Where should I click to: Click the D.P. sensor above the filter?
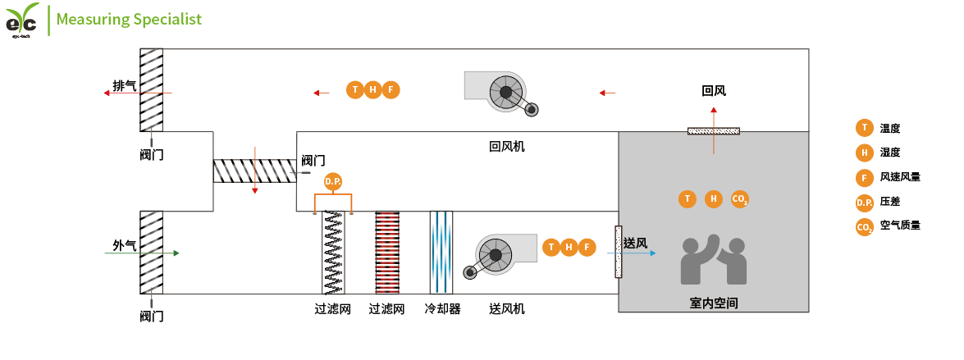pos(332,181)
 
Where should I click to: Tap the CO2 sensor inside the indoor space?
pos(739,198)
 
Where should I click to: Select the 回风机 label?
pos(506,147)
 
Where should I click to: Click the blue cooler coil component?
pos(441,253)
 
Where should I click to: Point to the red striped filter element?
pos(387,253)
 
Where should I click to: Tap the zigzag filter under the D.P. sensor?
pos(333,253)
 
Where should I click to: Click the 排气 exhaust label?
pos(125,85)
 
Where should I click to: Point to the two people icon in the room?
pos(714,262)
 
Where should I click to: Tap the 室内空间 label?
pos(714,303)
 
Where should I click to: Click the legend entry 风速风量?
pos(900,176)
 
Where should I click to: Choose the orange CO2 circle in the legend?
pos(864,226)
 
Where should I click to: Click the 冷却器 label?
pos(442,309)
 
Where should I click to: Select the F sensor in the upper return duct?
pos(391,90)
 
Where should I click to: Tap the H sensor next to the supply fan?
pos(568,247)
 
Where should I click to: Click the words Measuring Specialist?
pos(129,19)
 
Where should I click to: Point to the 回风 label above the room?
pos(714,91)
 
